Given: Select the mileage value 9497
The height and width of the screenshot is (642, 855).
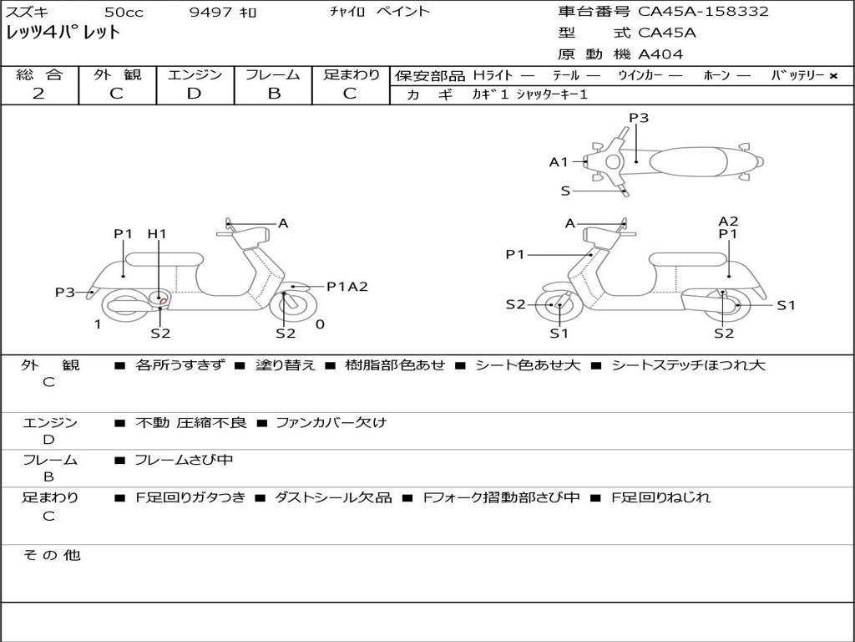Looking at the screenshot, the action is click(211, 13).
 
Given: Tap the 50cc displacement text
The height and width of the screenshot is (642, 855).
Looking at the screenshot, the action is click(123, 13).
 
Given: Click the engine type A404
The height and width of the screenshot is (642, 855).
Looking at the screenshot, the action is click(660, 54).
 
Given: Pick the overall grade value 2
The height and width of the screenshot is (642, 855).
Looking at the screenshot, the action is click(38, 94).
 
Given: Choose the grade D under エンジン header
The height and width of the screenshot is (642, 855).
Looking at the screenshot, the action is click(195, 94).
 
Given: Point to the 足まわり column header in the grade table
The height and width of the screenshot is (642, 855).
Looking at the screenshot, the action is click(351, 75).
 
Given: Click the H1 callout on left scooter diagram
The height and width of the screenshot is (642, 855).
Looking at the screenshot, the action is click(157, 235).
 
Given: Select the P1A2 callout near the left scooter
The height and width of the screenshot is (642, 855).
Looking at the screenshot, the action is click(347, 287).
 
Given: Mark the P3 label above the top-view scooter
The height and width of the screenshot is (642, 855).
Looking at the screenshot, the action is click(639, 118).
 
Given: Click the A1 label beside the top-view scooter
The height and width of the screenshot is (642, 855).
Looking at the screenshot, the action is click(559, 162).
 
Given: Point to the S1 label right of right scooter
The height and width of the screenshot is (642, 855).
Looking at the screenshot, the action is click(786, 305).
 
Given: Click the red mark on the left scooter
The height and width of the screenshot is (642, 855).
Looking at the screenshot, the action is click(164, 300).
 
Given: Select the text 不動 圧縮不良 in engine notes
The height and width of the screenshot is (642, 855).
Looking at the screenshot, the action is click(191, 423).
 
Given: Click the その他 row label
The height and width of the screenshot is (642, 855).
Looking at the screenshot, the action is click(51, 555).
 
